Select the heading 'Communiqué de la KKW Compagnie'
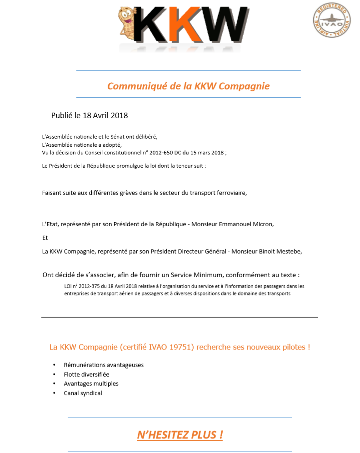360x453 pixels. click(188, 86)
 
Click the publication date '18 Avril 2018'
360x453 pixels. click(105, 115)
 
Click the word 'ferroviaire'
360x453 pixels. click(230, 192)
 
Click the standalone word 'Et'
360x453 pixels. click(45, 238)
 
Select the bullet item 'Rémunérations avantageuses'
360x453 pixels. click(104, 365)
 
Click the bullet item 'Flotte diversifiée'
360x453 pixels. click(86, 374)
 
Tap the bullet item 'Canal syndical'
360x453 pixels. click(83, 393)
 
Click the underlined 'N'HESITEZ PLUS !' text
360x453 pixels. click(180, 435)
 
